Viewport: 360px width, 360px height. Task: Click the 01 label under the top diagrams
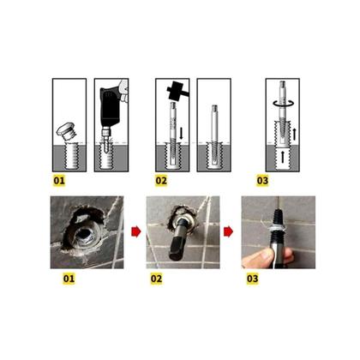[59, 181]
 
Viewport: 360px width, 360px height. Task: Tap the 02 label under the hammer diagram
[161, 181]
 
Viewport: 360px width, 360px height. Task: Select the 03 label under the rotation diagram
[262, 181]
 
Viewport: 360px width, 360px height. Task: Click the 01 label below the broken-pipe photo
[69, 279]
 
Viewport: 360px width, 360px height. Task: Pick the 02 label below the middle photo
[156, 279]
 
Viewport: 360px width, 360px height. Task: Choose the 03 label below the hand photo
[253, 279]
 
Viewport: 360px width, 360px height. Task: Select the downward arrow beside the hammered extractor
[181, 133]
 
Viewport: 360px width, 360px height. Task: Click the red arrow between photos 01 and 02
[136, 231]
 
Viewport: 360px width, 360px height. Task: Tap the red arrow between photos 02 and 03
[228, 231]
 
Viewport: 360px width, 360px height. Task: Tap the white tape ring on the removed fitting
[277, 228]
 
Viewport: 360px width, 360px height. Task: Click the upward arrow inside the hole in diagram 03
[283, 157]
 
